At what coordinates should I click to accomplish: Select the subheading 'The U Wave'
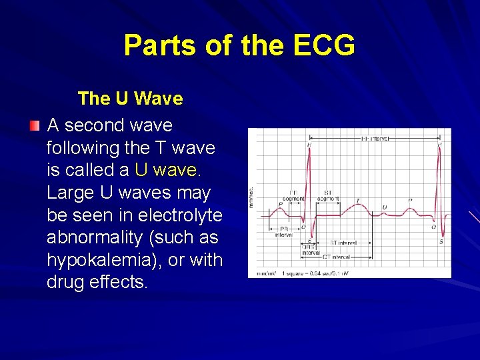point(130,99)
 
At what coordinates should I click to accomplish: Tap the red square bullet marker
point(35,126)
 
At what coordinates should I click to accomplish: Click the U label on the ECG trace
point(384,207)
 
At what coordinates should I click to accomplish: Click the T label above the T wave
point(357,200)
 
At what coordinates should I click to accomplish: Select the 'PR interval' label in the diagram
point(284,231)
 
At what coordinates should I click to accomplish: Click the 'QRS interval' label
point(311,250)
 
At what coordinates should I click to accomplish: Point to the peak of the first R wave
point(308,149)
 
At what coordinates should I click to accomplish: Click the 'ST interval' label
point(343,243)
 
